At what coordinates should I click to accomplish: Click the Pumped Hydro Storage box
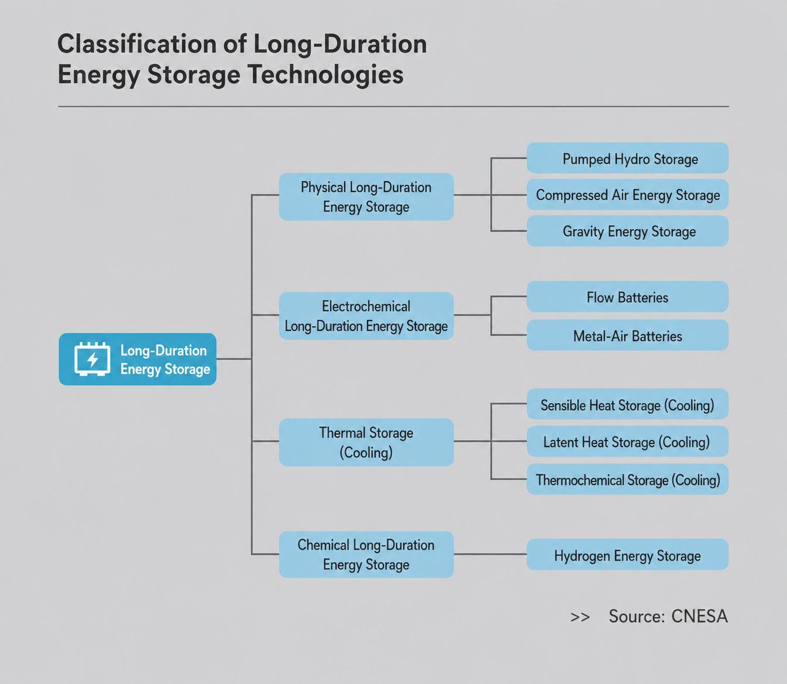pyautogui.click(x=627, y=158)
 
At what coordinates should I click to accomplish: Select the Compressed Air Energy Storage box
pyautogui.click(x=627, y=194)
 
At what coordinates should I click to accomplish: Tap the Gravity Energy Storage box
pyautogui.click(x=627, y=231)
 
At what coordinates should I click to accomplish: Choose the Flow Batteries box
pyautogui.click(x=627, y=297)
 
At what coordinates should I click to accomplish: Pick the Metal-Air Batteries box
pyautogui.click(x=627, y=335)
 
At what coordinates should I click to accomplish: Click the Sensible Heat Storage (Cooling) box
pyautogui.click(x=627, y=404)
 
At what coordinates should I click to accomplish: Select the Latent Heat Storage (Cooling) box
pyautogui.click(x=627, y=441)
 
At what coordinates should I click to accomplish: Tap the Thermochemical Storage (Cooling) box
pyautogui.click(x=627, y=479)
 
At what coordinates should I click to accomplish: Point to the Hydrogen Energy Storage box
pyautogui.click(x=627, y=555)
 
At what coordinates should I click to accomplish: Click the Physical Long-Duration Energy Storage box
pyautogui.click(x=366, y=197)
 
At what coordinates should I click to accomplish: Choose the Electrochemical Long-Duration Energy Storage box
pyautogui.click(x=366, y=315)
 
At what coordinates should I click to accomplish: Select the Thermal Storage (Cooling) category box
pyautogui.click(x=366, y=442)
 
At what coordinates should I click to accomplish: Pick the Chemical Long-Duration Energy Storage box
pyautogui.click(x=366, y=555)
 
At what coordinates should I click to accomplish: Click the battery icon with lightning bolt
pyautogui.click(x=92, y=359)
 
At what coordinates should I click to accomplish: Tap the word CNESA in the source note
pyautogui.click(x=699, y=616)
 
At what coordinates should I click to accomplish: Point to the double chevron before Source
pyautogui.click(x=580, y=617)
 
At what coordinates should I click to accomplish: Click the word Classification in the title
pyautogui.click(x=137, y=43)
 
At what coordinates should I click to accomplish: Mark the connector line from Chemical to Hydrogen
pyautogui.click(x=490, y=555)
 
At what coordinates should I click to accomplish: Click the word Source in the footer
pyautogui.click(x=635, y=616)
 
